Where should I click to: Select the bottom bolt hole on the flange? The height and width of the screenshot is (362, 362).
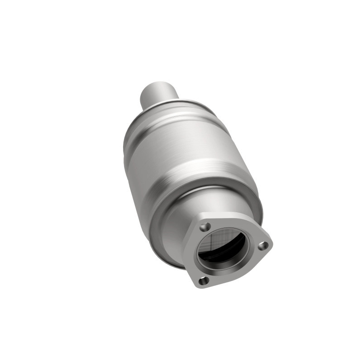click(204, 281)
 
